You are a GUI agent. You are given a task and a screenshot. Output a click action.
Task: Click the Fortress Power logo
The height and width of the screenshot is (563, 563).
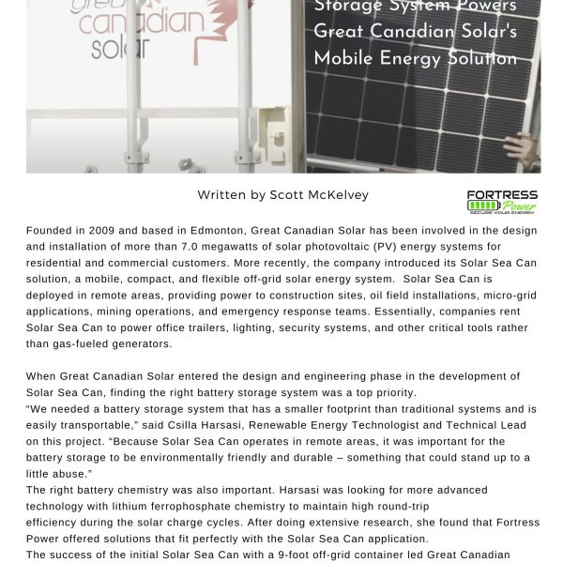point(502,201)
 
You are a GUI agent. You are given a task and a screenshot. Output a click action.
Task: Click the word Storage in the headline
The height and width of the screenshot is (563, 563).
point(349,7)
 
